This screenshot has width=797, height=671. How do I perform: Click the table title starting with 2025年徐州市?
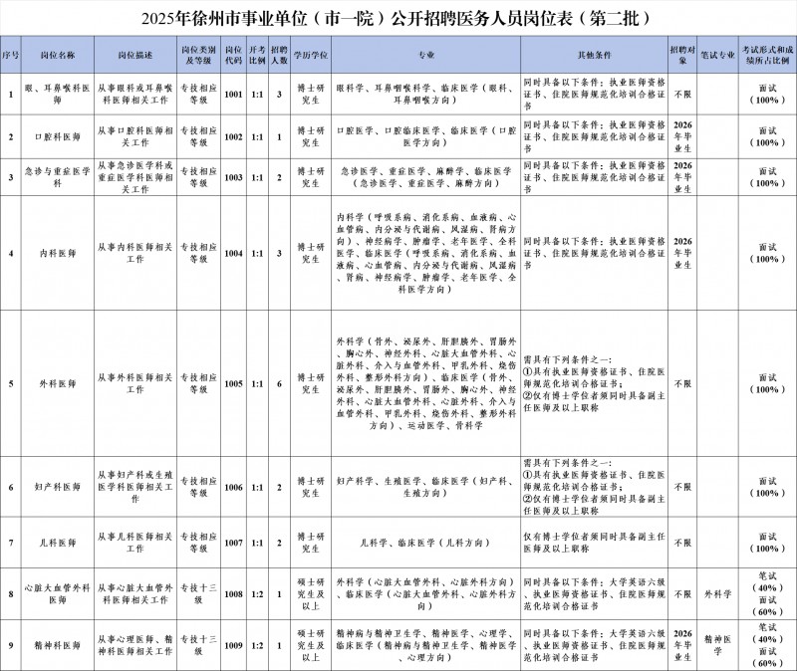point(398,18)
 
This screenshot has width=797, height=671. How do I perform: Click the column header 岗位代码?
point(234,53)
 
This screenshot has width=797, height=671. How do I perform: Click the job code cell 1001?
point(234,96)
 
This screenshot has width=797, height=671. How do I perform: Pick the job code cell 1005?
point(234,382)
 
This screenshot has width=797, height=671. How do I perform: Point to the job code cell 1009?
point(234,645)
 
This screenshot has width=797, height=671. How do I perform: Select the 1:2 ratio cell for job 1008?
point(257,594)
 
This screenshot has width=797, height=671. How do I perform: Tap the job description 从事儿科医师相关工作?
point(134,543)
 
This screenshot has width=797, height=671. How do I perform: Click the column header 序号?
point(11,53)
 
